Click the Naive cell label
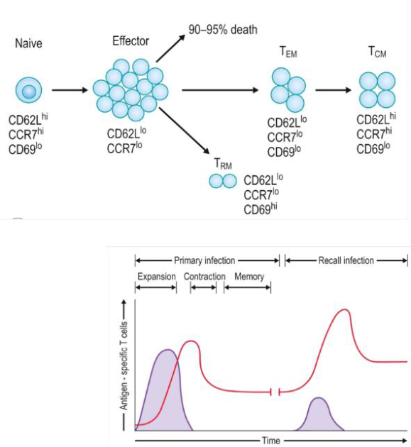click(x=28, y=43)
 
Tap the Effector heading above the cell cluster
click(x=131, y=41)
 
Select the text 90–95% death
click(x=223, y=30)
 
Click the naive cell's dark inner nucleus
click(x=29, y=92)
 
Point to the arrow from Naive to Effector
click(x=70, y=90)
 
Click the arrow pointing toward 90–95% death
click(x=171, y=48)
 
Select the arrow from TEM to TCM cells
click(x=334, y=90)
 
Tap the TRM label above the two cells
click(x=223, y=164)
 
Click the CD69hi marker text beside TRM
click(x=261, y=209)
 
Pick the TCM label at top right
click(x=378, y=53)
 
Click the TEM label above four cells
click(x=288, y=53)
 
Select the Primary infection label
click(x=204, y=260)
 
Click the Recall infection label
click(x=346, y=260)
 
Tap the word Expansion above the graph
click(x=157, y=277)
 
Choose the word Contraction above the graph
click(x=204, y=277)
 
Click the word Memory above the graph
click(x=249, y=277)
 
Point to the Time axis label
click(x=270, y=441)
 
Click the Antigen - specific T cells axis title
click(x=124, y=365)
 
